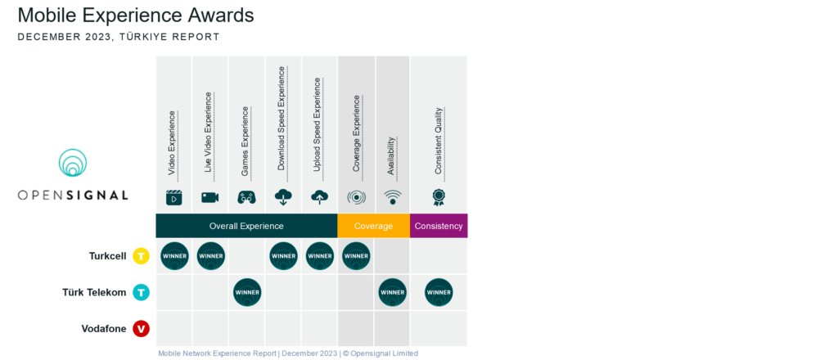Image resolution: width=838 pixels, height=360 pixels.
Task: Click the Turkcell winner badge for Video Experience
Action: [174, 256]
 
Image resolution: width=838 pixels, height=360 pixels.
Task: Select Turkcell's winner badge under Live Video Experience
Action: [210, 256]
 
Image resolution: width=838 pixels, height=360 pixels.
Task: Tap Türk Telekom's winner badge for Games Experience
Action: [247, 292]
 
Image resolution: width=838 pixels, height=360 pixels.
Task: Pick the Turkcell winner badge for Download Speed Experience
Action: [283, 256]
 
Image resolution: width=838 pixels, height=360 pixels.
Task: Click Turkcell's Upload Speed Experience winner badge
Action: [320, 256]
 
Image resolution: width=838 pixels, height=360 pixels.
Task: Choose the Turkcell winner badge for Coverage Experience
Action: [356, 256]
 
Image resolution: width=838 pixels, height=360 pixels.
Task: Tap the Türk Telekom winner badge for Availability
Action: [393, 292]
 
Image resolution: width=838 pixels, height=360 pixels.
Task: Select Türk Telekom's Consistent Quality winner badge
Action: [439, 292]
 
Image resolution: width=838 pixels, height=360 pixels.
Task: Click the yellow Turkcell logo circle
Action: [142, 256]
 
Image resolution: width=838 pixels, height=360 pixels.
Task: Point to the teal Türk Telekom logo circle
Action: [142, 292]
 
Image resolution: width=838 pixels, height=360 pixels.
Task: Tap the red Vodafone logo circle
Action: [142, 329]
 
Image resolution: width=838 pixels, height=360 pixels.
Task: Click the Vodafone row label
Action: [104, 329]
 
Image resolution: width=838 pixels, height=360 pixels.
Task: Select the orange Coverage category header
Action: [373, 226]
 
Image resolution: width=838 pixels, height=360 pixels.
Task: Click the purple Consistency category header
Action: [439, 226]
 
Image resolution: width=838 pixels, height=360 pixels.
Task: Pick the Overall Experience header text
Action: [246, 226]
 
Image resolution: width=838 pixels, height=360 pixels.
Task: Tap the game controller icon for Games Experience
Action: [247, 197]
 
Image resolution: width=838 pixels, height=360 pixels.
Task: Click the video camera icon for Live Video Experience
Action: [210, 197]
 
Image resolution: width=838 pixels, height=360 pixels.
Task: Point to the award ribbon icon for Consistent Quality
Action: [439, 196]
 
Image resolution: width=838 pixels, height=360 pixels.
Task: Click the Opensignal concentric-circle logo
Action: [73, 163]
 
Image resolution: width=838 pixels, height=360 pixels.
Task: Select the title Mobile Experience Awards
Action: [136, 16]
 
